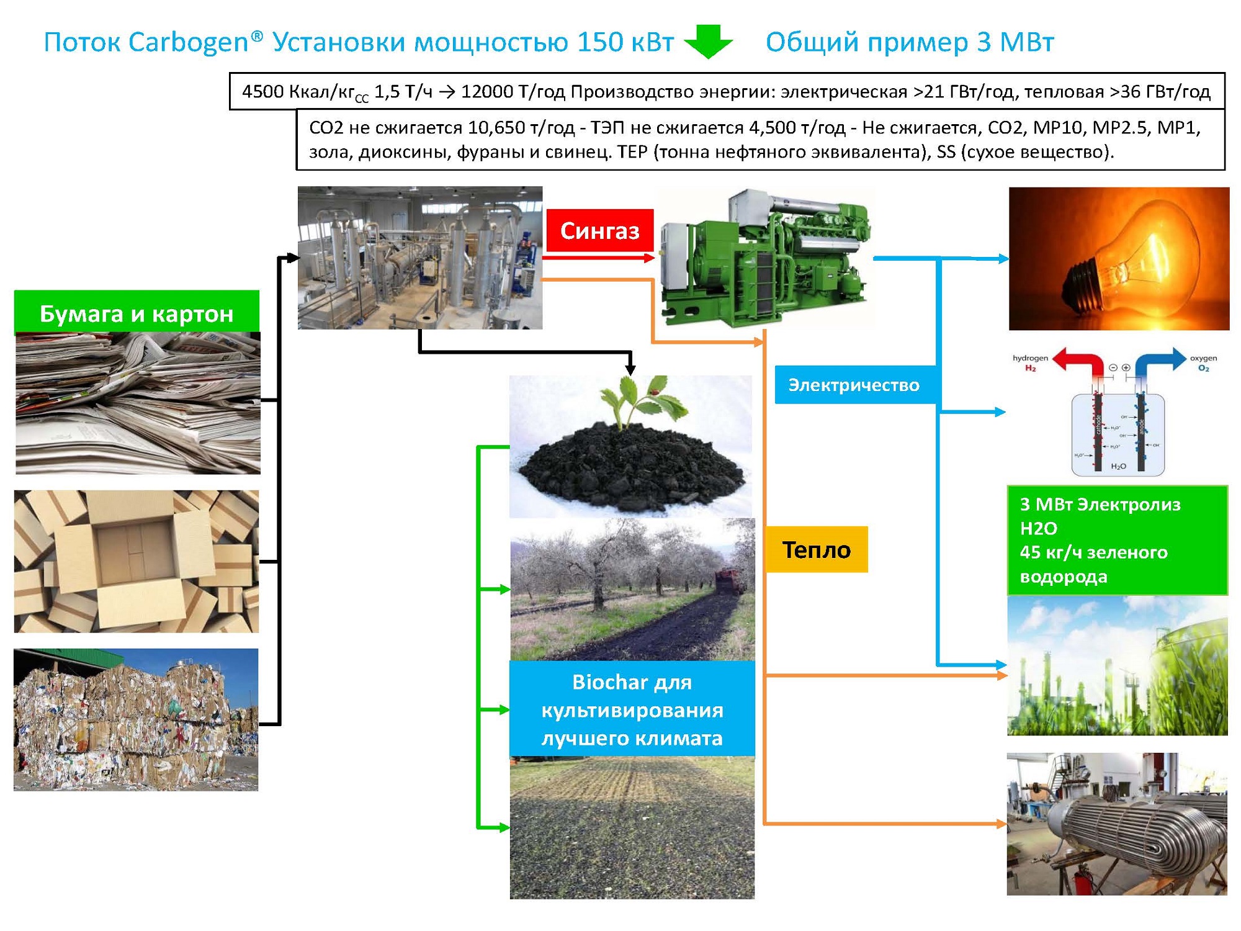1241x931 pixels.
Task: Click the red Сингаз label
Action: [599, 230]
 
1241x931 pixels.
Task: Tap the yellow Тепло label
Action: [816, 550]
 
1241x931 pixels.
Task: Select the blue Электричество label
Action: [854, 385]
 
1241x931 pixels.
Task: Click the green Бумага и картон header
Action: [137, 313]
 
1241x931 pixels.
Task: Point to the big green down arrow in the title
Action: [708, 41]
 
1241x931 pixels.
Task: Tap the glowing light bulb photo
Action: [1119, 258]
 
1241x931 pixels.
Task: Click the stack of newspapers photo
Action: [138, 403]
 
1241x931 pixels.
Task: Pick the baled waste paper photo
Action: [136, 719]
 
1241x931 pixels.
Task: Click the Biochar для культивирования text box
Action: [632, 709]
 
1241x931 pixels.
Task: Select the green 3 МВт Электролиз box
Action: [1117, 541]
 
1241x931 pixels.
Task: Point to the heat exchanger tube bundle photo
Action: [1117, 824]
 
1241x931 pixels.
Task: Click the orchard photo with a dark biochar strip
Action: [632, 590]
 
